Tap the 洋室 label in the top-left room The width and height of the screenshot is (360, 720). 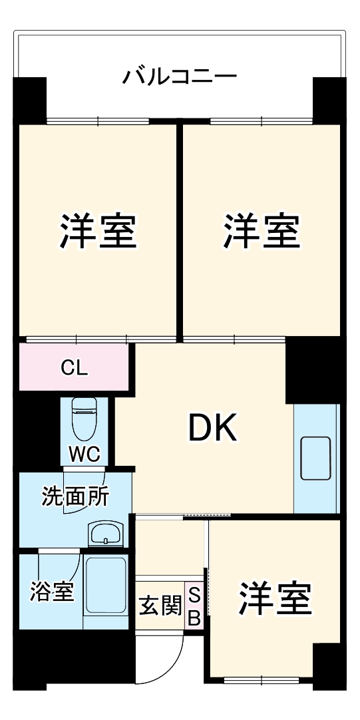click(x=99, y=231)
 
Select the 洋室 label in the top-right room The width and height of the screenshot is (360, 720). click(x=262, y=231)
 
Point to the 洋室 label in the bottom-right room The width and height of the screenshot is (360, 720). click(x=275, y=598)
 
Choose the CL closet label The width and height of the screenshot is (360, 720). click(x=74, y=367)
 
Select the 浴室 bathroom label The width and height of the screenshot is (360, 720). click(x=51, y=592)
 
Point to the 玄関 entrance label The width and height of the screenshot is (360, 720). click(x=160, y=606)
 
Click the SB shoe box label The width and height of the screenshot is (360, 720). click(x=194, y=606)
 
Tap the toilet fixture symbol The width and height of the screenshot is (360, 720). click(x=85, y=419)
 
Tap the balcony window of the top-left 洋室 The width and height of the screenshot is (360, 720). click(x=98, y=122)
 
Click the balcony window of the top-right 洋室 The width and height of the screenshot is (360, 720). click(x=261, y=122)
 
